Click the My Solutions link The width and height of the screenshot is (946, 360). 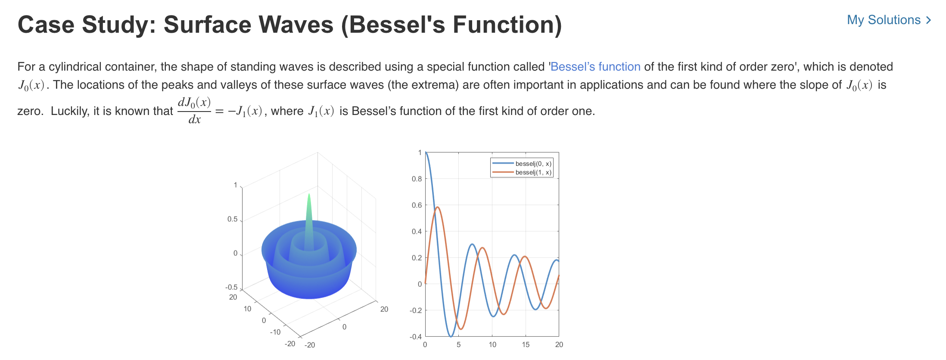coord(883,20)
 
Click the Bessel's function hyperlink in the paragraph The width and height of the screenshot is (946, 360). coord(595,67)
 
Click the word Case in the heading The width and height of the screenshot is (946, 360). coord(46,25)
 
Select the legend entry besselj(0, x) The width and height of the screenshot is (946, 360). coord(533,164)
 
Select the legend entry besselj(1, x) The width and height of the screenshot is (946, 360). coord(533,172)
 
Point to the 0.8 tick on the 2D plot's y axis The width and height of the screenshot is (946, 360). coord(417,179)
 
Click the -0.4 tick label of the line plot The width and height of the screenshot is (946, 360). coord(416,336)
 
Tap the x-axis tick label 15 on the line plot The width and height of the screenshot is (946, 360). coord(526,344)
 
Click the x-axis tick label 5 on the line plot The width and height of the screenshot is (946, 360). coord(458,344)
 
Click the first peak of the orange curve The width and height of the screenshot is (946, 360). coord(437,207)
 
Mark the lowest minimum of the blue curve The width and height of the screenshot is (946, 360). coord(451,336)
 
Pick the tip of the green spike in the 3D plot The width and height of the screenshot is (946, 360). coord(309,195)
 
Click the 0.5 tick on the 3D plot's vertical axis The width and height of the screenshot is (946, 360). coord(233,219)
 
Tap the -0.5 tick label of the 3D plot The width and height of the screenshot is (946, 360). coord(231,287)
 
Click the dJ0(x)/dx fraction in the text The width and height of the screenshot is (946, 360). coord(194,111)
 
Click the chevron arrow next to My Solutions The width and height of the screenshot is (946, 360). coord(928,20)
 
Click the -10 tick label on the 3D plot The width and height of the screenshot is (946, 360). coord(275,332)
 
